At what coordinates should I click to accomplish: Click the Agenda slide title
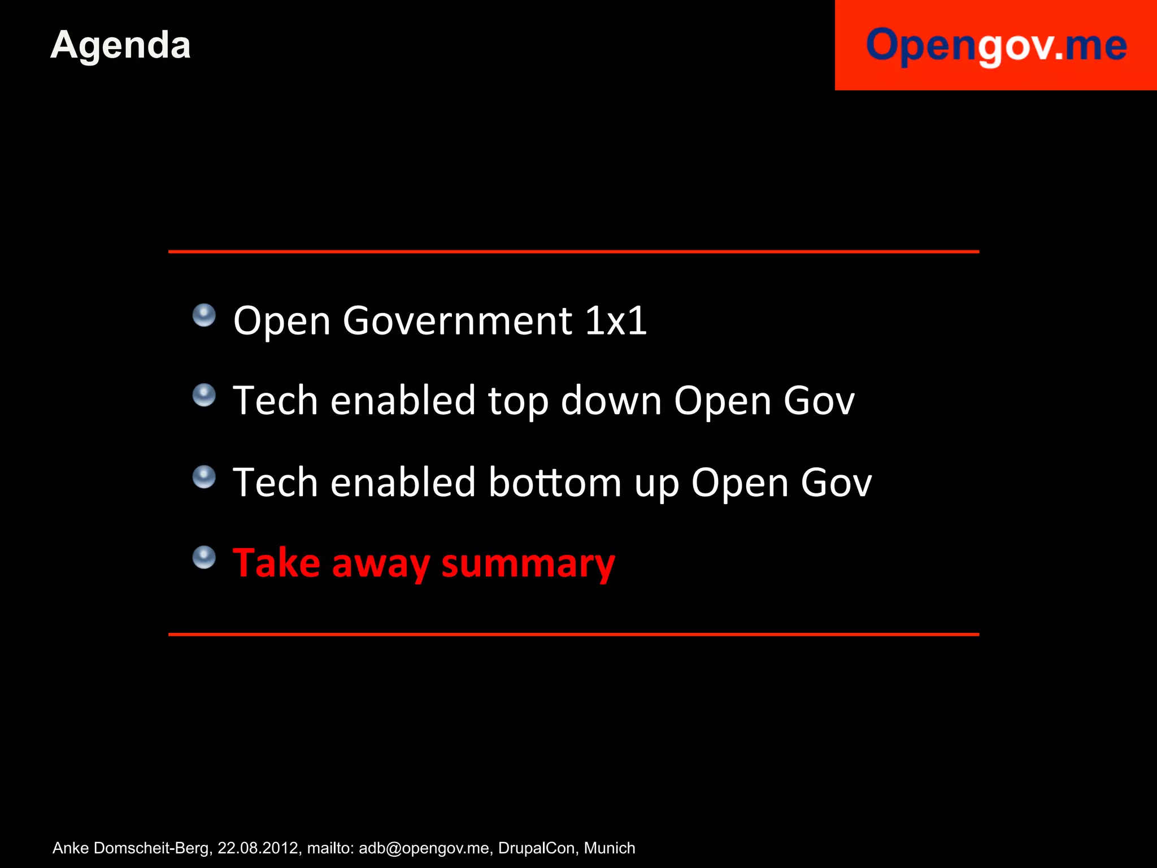pos(120,45)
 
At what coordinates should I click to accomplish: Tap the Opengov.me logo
pos(996,45)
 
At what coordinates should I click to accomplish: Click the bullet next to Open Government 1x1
pos(204,315)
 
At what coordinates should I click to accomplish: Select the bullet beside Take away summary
pos(204,557)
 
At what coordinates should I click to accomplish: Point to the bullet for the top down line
pos(204,395)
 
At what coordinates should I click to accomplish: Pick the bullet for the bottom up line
pos(204,477)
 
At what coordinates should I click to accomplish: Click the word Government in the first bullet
pos(458,320)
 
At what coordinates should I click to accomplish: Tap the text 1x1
pos(616,320)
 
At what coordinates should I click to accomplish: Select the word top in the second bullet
pos(518,402)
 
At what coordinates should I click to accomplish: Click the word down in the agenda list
pos(611,401)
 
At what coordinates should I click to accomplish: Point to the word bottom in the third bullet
pos(555,483)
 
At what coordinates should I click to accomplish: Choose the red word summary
pos(528,563)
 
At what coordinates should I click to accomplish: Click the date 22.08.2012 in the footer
pos(258,848)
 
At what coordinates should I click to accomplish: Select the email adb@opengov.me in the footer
pos(424,848)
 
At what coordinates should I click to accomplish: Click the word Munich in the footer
pos(610,848)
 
